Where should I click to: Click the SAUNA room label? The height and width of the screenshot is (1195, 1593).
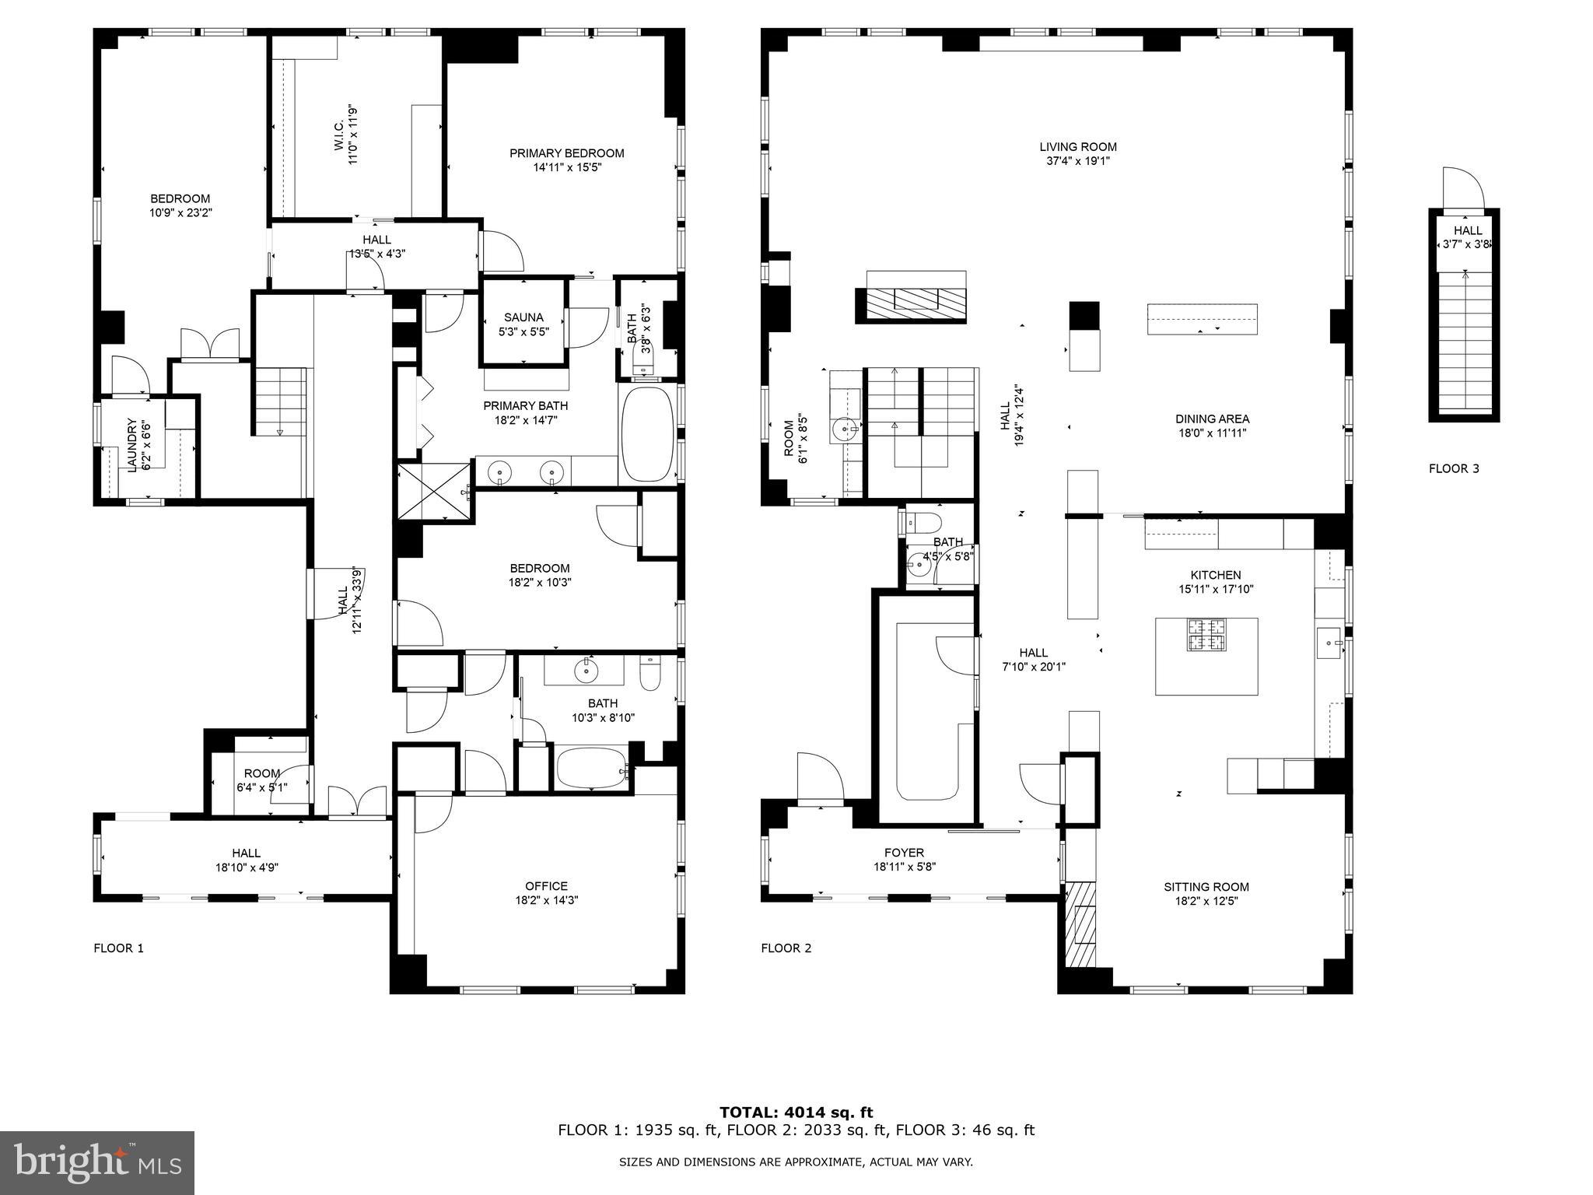coord(523,317)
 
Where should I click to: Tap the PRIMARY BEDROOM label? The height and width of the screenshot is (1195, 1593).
coord(566,153)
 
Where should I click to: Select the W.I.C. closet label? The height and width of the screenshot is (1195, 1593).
coord(340,135)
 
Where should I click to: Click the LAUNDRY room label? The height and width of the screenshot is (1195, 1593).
coord(131,445)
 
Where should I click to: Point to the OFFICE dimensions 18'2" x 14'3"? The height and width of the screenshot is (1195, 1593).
coord(546,900)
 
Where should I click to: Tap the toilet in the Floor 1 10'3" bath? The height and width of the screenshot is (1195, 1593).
coord(649,673)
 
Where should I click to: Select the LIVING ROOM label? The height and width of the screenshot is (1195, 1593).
coord(1077,146)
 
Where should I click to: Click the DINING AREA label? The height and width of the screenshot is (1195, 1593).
coord(1212,419)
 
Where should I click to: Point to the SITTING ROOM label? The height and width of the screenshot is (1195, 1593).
coord(1206,887)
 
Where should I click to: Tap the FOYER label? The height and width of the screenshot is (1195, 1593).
coord(903,853)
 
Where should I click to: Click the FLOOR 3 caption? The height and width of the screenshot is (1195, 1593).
coord(1453,468)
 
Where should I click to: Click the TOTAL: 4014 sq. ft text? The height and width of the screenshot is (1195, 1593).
coord(796,1113)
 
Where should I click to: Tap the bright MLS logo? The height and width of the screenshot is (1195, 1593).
coord(97,1163)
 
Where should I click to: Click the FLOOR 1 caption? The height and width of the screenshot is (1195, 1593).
coord(118,948)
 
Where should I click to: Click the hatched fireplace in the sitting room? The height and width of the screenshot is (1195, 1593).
coord(1080,924)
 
